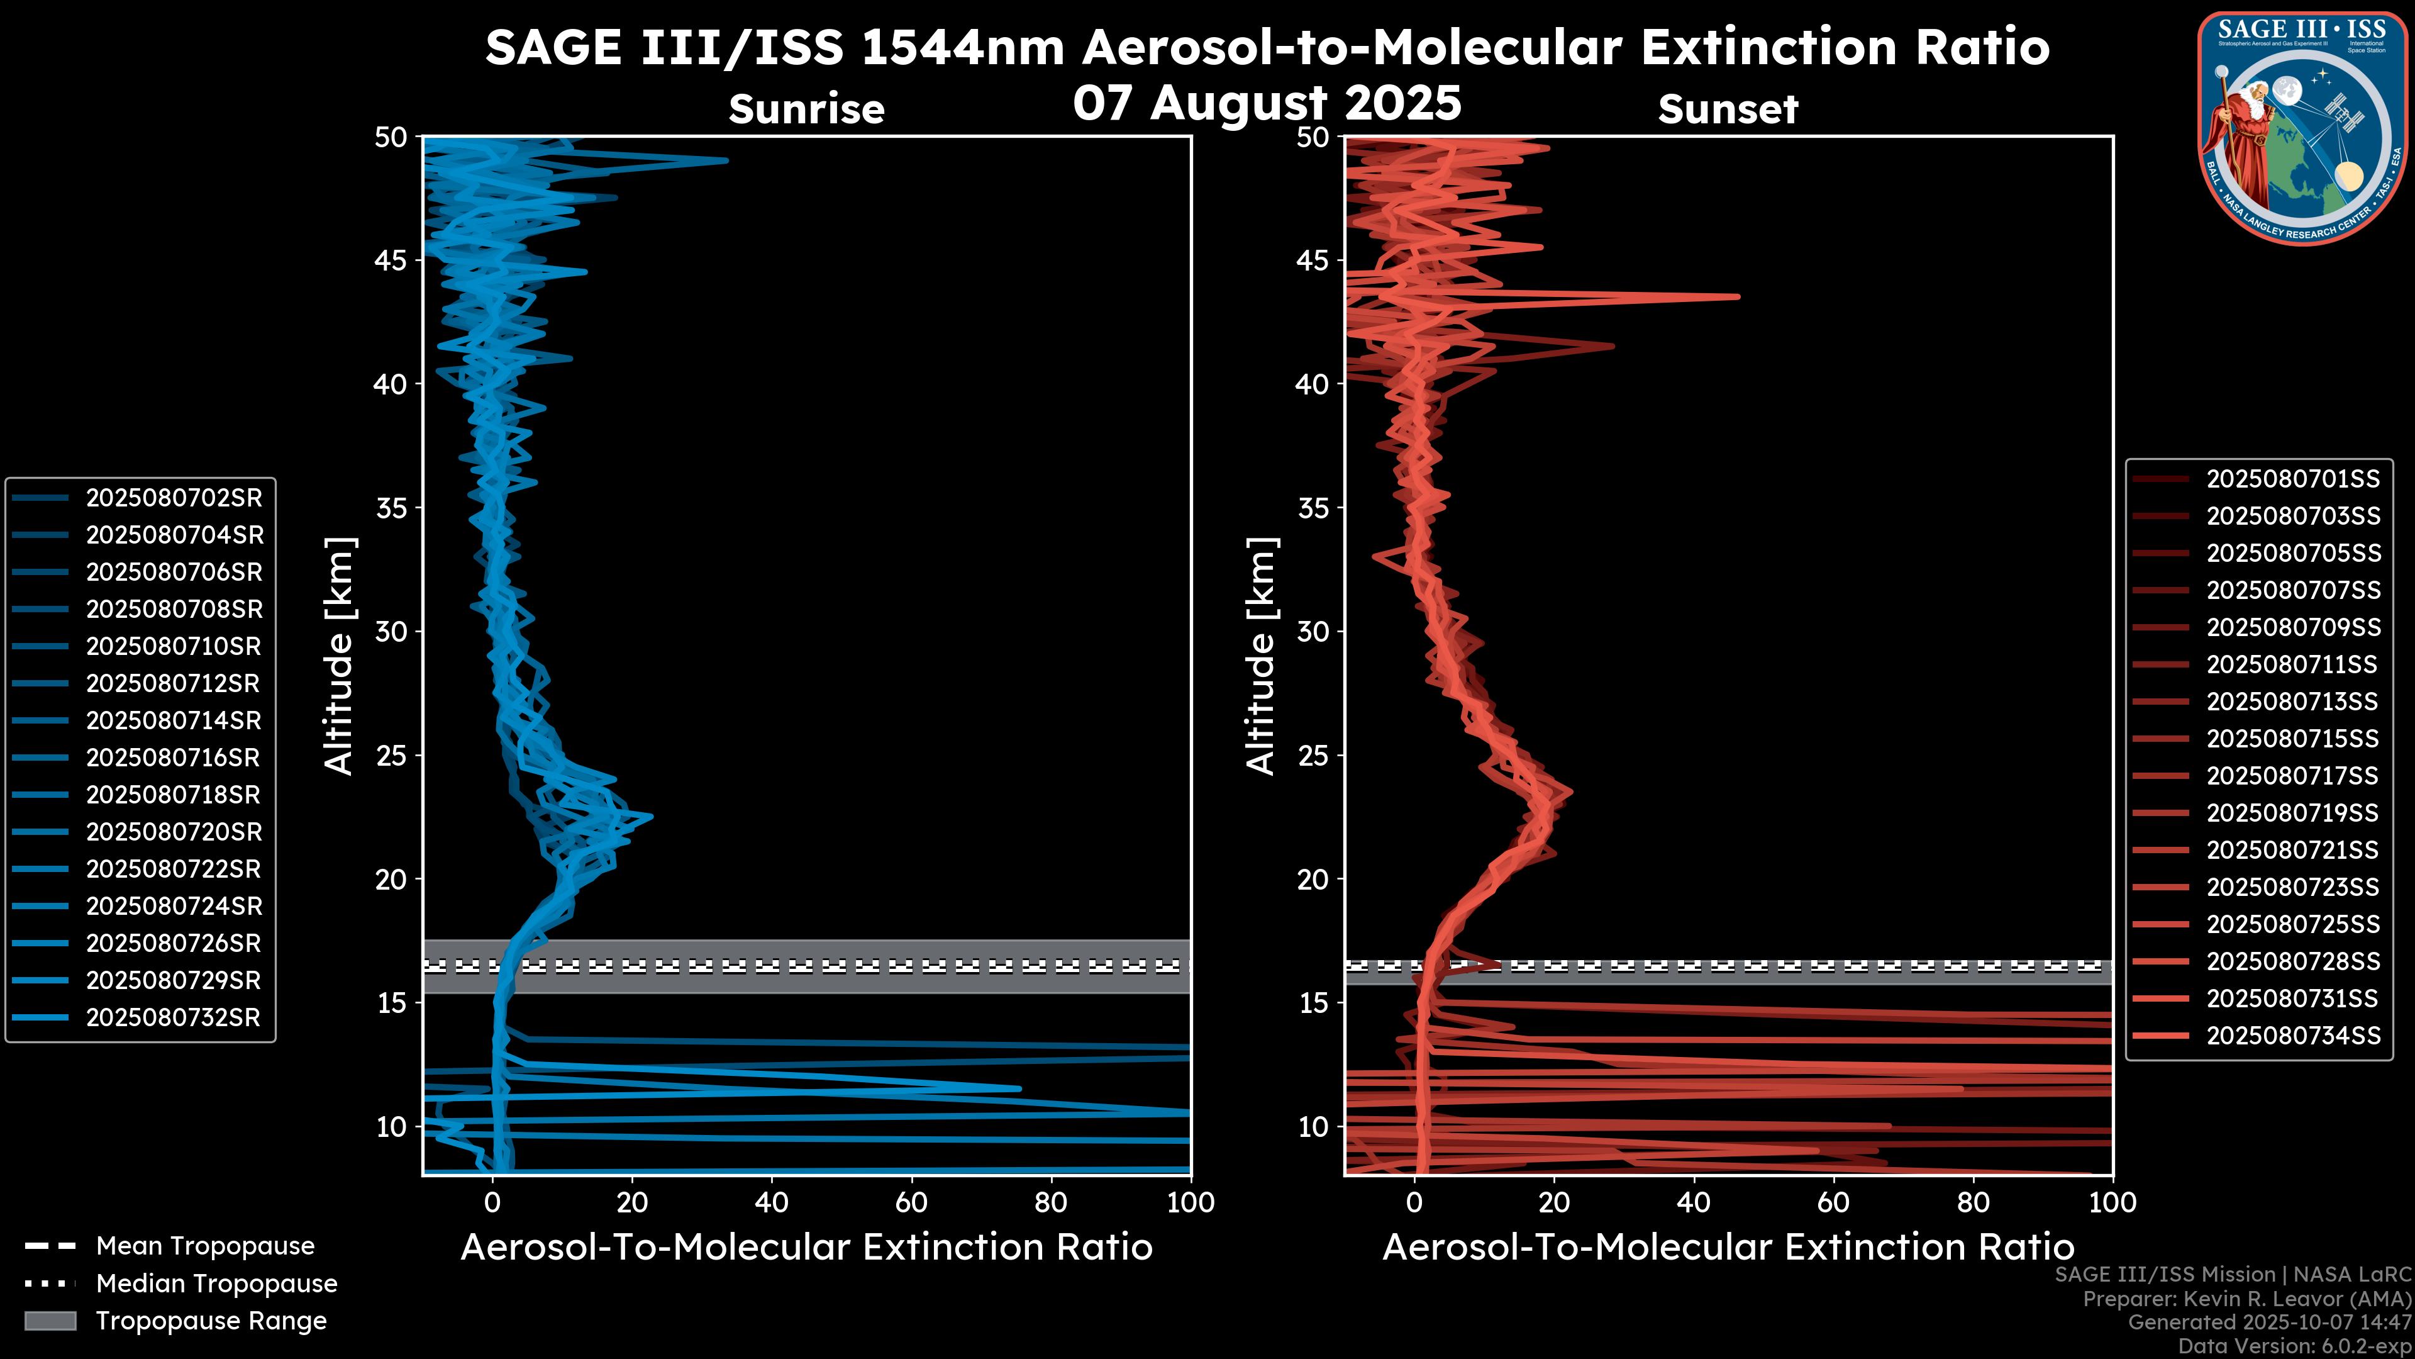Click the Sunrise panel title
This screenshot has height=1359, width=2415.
806,109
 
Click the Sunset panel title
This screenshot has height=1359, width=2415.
1728,109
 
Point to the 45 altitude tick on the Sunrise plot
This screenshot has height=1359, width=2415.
391,260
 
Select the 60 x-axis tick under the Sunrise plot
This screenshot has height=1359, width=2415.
911,1202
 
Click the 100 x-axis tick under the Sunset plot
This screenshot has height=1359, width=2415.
2112,1202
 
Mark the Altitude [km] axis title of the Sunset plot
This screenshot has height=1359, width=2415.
1262,656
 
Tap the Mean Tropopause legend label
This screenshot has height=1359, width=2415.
205,1246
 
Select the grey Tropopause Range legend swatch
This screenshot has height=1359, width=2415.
50,1321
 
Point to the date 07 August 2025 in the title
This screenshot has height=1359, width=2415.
1267,102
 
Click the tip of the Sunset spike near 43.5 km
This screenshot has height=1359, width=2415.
1737,296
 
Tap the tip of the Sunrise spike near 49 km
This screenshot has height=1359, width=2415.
726,160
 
